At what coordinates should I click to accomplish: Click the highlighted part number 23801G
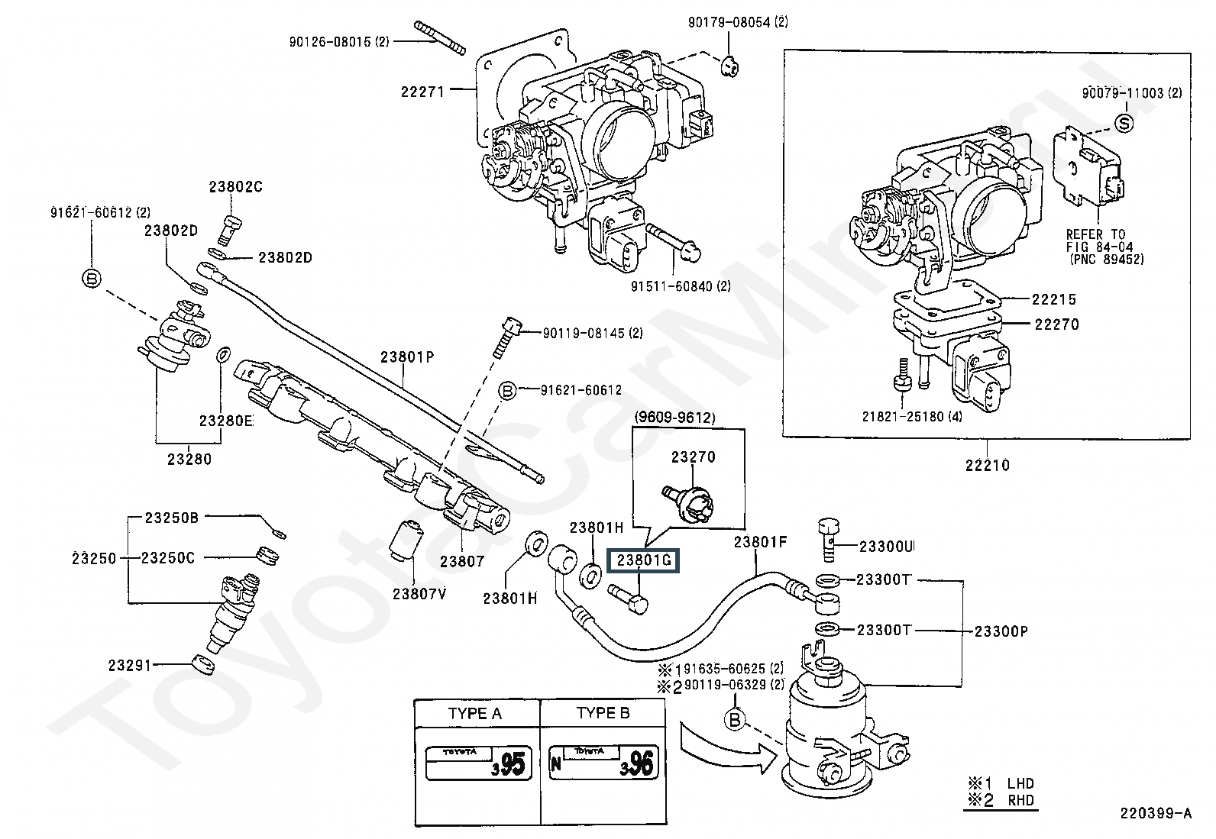643,560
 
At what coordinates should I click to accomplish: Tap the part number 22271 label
422,92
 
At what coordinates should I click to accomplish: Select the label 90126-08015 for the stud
338,41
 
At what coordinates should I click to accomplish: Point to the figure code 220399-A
1156,813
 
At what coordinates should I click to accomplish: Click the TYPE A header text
474,713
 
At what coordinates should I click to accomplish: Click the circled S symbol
1124,123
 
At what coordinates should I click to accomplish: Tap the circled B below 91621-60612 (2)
91,279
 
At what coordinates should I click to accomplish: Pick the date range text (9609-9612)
674,418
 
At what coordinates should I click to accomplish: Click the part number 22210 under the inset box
988,465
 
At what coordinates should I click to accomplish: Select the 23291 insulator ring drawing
203,665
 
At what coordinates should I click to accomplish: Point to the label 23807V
419,594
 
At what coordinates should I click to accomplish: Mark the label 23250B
172,517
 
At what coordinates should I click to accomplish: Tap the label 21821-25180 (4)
912,416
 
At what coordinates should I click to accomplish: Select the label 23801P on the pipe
407,357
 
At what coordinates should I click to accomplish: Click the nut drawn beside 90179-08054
730,66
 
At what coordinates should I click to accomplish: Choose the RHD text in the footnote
1021,800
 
